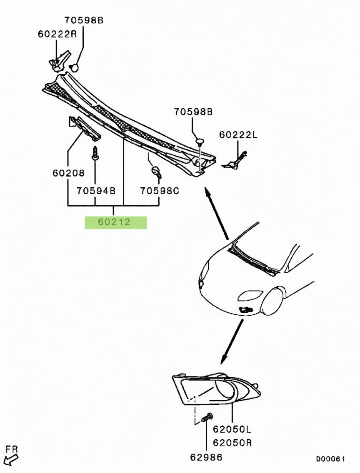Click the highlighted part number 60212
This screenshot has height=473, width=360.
tap(115, 222)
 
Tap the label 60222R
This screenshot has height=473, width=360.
tap(57, 34)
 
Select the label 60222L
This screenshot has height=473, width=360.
tap(239, 134)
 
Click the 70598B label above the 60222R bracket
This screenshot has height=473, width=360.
tap(83, 20)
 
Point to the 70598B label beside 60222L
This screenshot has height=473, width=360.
tap(193, 112)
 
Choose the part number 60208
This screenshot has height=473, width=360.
tap(69, 173)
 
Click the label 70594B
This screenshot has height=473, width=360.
tap(96, 191)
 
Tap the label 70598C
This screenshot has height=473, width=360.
tap(160, 191)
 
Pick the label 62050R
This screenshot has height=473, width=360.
tap(232, 442)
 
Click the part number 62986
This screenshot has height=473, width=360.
tap(206, 457)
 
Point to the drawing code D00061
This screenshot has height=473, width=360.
tap(330, 459)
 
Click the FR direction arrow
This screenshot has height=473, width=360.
tap(11, 459)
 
